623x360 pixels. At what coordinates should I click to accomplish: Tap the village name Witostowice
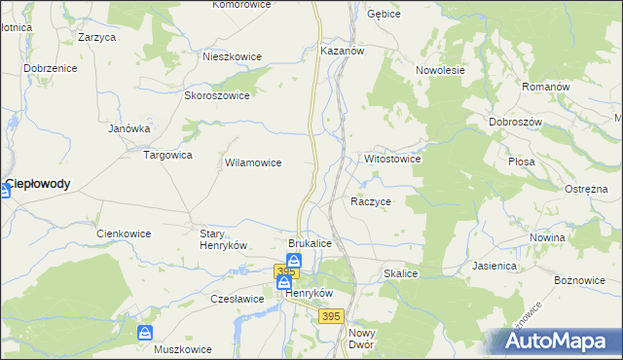pos(392,158)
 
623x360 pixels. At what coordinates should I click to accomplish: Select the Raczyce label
pos(371,201)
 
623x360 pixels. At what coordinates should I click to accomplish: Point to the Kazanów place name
pos(342,50)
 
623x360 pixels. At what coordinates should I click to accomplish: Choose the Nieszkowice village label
pos(232,56)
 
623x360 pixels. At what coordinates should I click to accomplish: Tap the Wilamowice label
pos(253,163)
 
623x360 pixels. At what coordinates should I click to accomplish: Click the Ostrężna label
pos(585,189)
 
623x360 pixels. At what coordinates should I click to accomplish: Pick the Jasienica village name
pos(496,265)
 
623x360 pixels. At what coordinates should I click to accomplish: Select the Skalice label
pos(400,274)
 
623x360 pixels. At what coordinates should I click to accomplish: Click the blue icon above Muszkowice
pos(145,333)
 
